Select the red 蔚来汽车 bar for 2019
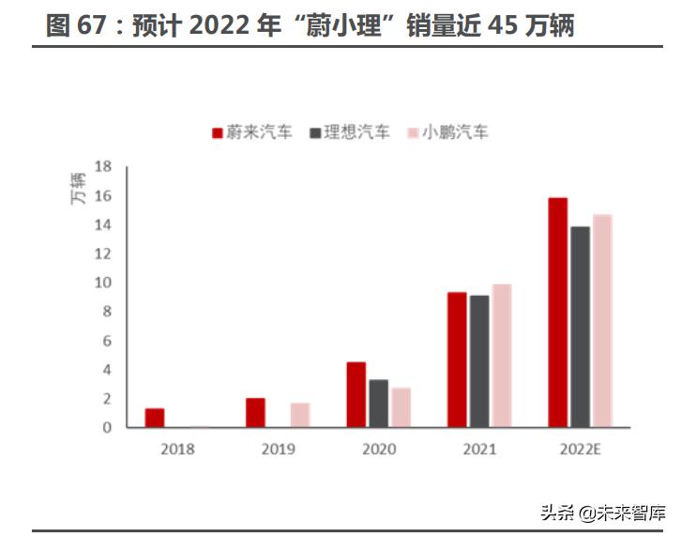point(255,413)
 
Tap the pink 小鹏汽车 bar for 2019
point(300,415)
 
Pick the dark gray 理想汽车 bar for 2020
point(378,404)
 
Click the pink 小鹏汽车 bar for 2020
point(401,407)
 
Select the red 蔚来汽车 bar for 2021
point(457,360)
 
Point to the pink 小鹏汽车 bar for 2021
point(502,356)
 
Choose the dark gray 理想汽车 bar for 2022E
point(580,327)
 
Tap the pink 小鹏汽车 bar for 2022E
point(602,321)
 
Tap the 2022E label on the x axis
point(580,450)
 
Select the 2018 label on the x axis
point(177,450)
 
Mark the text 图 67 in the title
point(76,25)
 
